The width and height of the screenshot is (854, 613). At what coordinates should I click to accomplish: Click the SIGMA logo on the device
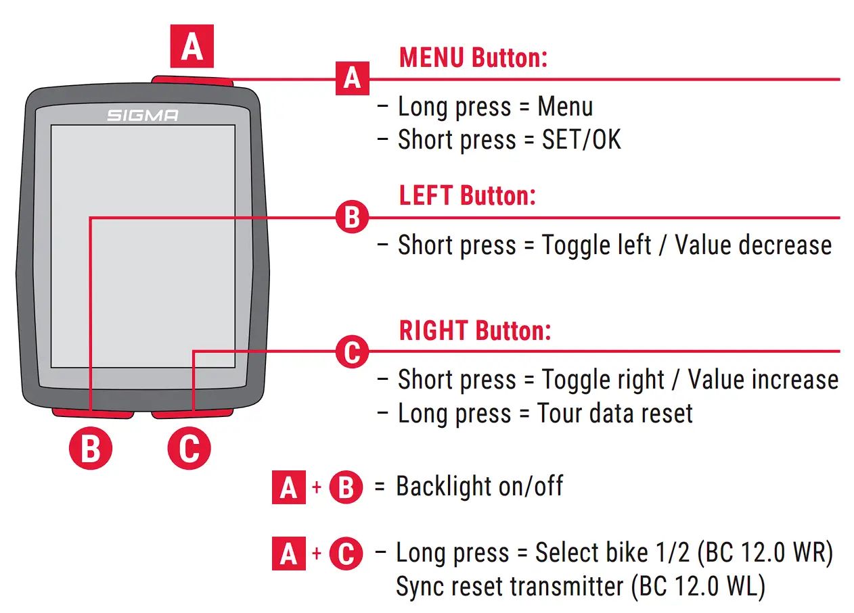[143, 116]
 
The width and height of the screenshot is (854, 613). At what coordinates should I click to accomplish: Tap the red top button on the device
[193, 82]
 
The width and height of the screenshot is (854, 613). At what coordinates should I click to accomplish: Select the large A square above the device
[192, 46]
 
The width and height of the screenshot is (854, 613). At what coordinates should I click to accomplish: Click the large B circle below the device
[90, 449]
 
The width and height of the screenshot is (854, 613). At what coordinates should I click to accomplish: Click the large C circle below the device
[189, 449]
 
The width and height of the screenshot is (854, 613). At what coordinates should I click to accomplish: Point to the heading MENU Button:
[473, 57]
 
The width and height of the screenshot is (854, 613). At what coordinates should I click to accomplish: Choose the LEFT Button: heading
[467, 196]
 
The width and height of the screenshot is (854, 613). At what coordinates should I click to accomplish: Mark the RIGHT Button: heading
[475, 330]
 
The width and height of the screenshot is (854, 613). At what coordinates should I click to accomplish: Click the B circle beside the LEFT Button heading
[352, 218]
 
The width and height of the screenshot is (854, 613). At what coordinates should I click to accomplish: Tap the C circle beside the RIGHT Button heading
[352, 351]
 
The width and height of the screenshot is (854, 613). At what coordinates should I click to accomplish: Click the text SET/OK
[581, 140]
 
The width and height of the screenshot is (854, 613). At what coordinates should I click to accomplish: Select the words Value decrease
[753, 245]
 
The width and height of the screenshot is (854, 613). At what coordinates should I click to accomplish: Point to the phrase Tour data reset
[615, 413]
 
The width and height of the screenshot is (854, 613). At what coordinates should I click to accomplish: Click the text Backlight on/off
[479, 486]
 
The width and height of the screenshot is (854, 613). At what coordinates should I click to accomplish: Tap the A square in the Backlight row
[289, 487]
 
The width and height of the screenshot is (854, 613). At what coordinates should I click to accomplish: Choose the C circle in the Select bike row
[346, 554]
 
